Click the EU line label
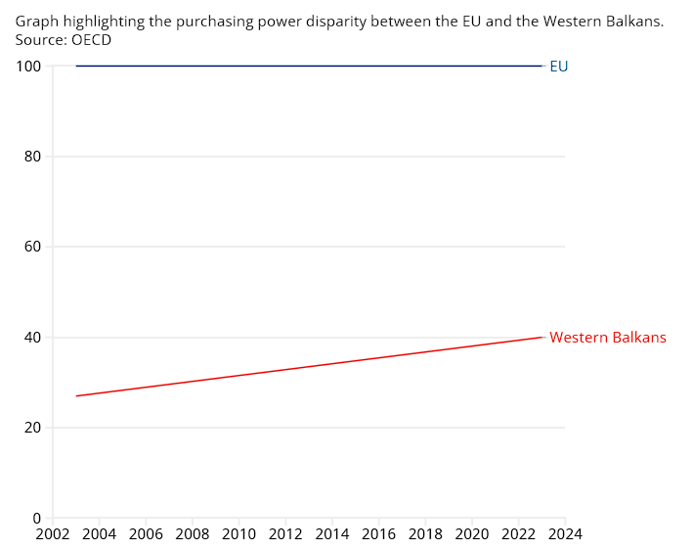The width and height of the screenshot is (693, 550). (559, 67)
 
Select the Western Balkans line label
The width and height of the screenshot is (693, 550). (607, 338)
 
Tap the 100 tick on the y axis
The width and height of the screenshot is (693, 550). (28, 67)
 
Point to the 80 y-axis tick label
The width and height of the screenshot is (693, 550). (32, 157)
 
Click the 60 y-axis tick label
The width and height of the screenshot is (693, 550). (32, 247)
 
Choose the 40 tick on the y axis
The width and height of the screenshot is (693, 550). (32, 338)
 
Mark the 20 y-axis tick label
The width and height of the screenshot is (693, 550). (32, 428)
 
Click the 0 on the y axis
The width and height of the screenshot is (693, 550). (37, 518)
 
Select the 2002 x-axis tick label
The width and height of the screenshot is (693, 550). (52, 534)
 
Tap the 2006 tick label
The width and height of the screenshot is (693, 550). (146, 534)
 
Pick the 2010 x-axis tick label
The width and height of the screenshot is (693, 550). (238, 534)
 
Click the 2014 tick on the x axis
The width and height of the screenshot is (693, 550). (332, 534)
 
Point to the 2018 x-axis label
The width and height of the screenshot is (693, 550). (425, 534)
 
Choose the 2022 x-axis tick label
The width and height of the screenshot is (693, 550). (519, 534)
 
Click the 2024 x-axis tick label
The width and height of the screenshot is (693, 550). (565, 534)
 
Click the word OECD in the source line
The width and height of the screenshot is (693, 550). (91, 39)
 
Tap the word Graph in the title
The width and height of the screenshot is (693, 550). (35, 22)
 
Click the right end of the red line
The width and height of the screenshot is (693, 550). (541, 337)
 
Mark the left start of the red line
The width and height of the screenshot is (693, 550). (76, 396)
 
